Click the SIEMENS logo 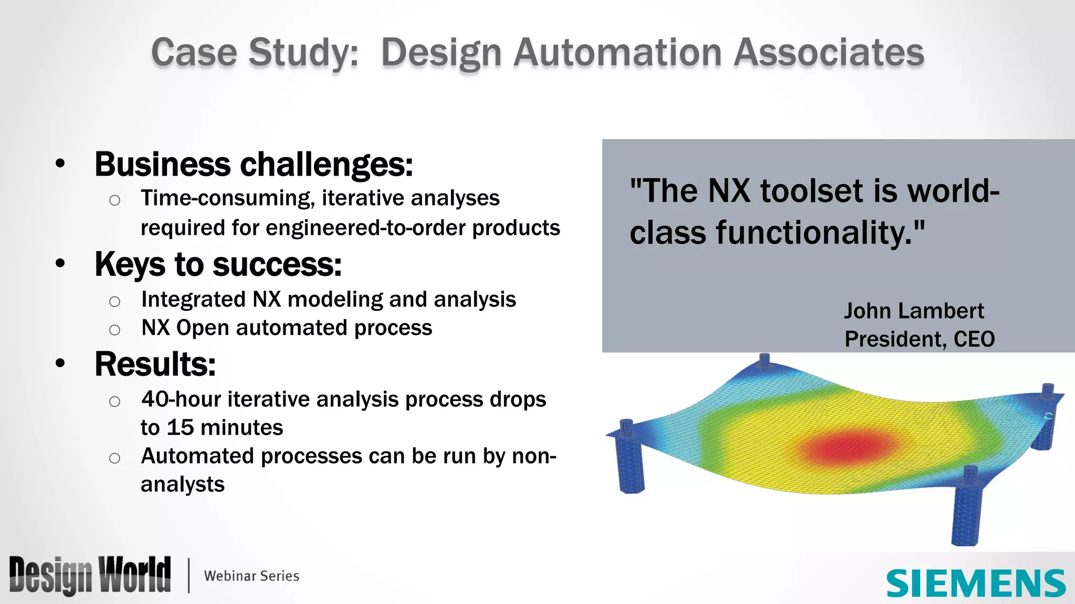coord(975,583)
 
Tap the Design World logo coord(90,575)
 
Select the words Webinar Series coord(251,576)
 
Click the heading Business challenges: coord(254,164)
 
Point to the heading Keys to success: coord(218,264)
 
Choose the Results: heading coord(155,364)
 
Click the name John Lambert coord(913,311)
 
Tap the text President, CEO coord(919,339)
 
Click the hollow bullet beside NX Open coord(114,330)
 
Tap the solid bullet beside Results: coord(60,363)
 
